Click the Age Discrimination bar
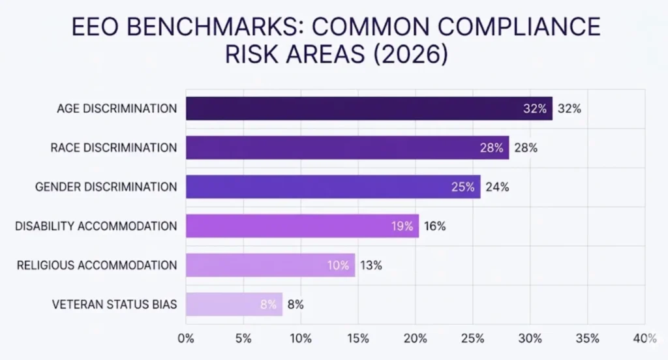[369, 108]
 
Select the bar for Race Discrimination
[347, 147]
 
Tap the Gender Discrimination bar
[333, 187]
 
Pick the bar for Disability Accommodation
[302, 226]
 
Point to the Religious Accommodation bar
[270, 265]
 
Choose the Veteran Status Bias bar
[234, 304]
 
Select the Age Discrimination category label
[117, 108]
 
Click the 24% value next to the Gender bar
[496, 187]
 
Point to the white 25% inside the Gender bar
[463, 187]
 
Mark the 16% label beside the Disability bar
[434, 226]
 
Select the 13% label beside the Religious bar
[371, 265]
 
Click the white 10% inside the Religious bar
[337, 265]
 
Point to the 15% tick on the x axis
[358, 338]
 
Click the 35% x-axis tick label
[588, 338]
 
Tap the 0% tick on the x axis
[186, 338]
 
